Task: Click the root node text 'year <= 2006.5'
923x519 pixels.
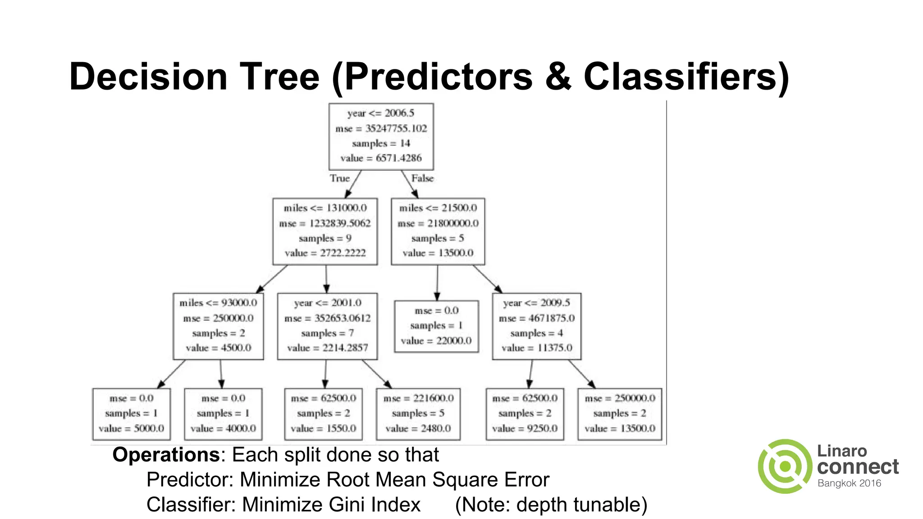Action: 381,113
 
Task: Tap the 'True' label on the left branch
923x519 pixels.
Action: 339,178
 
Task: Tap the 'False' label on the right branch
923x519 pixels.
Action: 422,178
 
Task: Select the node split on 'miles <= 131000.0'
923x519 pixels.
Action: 325,231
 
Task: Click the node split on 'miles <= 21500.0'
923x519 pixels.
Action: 438,231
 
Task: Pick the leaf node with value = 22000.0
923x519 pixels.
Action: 436,326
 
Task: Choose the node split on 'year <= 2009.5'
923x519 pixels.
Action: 536,326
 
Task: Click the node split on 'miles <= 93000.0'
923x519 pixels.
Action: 218,326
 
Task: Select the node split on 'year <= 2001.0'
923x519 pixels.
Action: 327,326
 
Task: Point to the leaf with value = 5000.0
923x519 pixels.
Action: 131,414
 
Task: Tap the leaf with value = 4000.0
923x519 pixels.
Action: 223,414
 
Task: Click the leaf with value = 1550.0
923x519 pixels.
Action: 323,414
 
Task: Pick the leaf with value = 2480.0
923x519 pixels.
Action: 418,414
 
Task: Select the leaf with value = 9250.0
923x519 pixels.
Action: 525,414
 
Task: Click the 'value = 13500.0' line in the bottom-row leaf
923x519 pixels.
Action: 620,428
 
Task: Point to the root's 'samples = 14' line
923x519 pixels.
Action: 381,143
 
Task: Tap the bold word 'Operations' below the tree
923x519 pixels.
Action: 166,455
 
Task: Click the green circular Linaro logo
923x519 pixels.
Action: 785,466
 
